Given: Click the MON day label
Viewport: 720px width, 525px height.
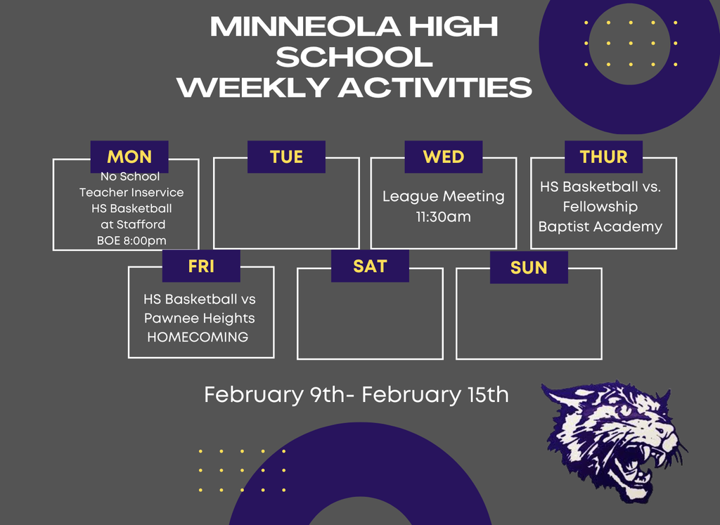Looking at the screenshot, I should click(x=129, y=157).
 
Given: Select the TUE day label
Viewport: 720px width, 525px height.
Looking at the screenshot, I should click(x=286, y=157).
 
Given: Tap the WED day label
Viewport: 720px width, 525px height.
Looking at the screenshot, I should click(x=443, y=157).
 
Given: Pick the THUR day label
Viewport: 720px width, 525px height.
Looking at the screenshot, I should click(x=603, y=157).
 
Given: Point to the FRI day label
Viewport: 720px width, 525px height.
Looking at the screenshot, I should click(x=201, y=266).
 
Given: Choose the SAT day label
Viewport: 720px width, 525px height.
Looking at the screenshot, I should click(x=370, y=266).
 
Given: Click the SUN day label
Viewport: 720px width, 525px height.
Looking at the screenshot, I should click(x=529, y=267).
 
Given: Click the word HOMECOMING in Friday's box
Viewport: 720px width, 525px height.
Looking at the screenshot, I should click(x=198, y=337).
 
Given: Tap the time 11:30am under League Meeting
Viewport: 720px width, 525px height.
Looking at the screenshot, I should click(x=443, y=217).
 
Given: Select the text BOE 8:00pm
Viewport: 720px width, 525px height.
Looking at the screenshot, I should click(x=131, y=241).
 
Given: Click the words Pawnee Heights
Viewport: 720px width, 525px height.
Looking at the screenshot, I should click(x=200, y=318).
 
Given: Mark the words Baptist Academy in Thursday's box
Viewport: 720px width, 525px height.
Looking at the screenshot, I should click(x=600, y=226).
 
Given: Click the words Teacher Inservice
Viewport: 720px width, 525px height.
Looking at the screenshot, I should click(x=131, y=193).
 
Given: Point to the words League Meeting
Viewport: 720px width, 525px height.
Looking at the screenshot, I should click(x=443, y=196).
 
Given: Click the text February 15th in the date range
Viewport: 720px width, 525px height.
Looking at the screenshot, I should click(x=435, y=394).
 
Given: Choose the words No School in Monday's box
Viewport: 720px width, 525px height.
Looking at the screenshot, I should click(x=130, y=176).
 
